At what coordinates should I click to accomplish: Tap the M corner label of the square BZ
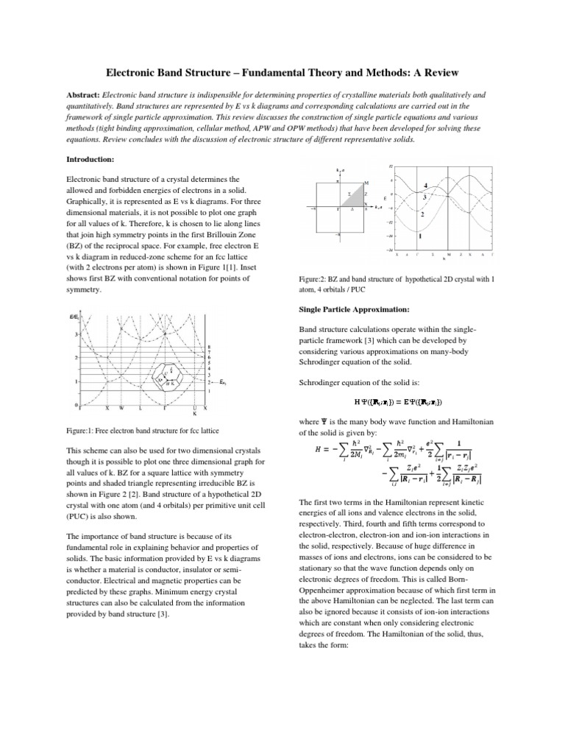click(366, 182)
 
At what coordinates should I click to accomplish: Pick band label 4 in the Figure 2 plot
click(425, 184)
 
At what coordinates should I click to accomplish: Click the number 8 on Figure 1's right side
click(211, 347)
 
